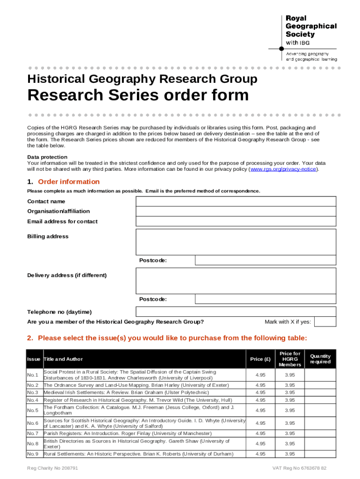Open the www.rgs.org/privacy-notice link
(x=283, y=169)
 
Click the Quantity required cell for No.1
(x=320, y=375)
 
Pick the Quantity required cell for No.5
(x=320, y=410)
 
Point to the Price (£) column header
(x=260, y=359)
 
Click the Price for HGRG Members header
(x=290, y=359)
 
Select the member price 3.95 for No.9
(x=290, y=454)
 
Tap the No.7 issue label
(x=33, y=434)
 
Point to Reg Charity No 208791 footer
(x=52, y=468)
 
